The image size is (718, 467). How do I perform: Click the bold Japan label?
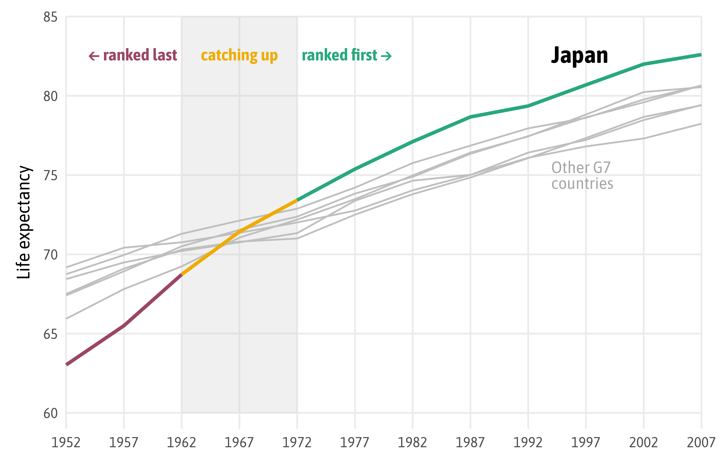pyautogui.click(x=579, y=56)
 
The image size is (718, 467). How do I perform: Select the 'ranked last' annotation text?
pyautogui.click(x=140, y=55)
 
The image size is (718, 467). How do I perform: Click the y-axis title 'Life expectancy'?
pyautogui.click(x=24, y=222)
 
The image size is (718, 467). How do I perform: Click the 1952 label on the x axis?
pyautogui.click(x=66, y=443)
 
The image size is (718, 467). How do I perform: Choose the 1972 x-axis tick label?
pyautogui.click(x=297, y=443)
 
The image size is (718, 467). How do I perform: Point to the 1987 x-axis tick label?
pyautogui.click(x=470, y=443)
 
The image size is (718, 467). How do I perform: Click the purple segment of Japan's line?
pyautogui.click(x=124, y=326)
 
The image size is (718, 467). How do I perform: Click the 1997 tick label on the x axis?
pyautogui.click(x=586, y=443)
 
